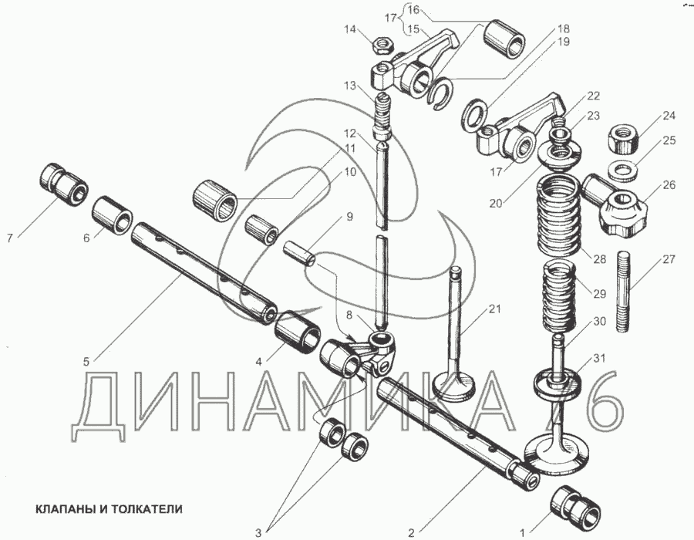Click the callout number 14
tap(351, 30)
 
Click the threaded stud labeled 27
tap(625, 296)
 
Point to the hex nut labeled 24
tap(624, 139)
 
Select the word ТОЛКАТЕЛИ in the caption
tap(147, 509)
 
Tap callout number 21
tap(494, 310)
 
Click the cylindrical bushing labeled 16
tap(504, 39)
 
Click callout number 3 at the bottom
tap(259, 532)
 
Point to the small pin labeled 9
tap(300, 253)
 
